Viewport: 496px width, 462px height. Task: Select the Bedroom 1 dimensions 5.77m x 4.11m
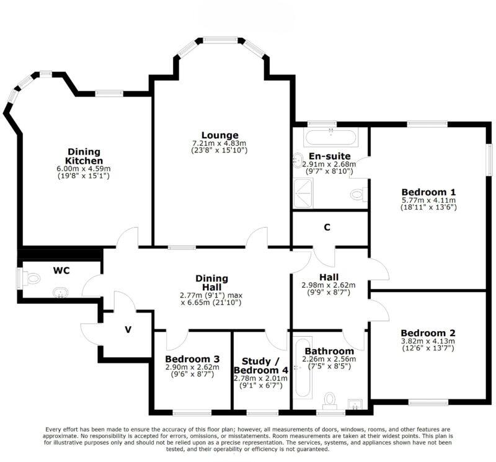click(428, 200)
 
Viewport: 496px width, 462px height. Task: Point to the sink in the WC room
click(61, 291)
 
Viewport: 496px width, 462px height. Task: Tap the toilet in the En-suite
click(356, 195)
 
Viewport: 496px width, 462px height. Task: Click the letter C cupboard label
click(327, 228)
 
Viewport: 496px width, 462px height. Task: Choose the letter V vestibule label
click(128, 329)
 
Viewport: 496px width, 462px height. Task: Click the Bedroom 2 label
click(428, 332)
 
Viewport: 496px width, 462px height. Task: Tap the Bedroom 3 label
click(192, 358)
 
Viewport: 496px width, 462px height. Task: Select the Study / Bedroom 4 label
click(260, 366)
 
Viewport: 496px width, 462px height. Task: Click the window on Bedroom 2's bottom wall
click(428, 402)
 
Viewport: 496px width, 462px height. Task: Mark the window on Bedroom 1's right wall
click(489, 161)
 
